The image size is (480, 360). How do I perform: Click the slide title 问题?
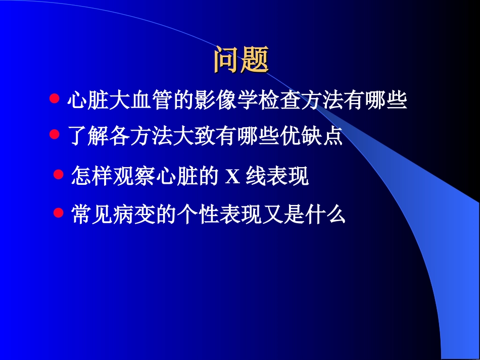click(x=241, y=60)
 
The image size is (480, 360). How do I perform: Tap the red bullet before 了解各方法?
click(x=55, y=134)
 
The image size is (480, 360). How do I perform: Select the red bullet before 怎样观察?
click(x=59, y=175)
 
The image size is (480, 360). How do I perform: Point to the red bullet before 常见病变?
click(x=59, y=212)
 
